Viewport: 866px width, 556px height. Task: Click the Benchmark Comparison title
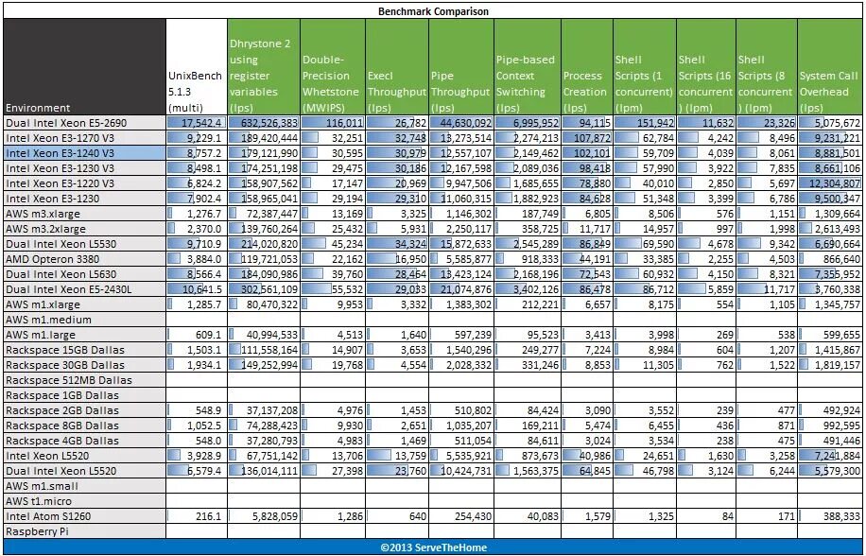[x=433, y=10]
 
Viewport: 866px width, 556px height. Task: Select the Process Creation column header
[x=584, y=84]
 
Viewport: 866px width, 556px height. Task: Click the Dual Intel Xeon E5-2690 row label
[x=66, y=123]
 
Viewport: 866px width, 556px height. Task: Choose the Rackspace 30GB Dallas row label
[x=65, y=365]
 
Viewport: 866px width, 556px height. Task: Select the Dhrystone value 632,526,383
[x=264, y=123]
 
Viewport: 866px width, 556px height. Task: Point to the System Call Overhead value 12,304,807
[x=829, y=183]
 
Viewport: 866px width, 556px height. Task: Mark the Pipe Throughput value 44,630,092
[x=460, y=123]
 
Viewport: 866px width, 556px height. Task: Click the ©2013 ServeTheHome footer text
[x=433, y=547]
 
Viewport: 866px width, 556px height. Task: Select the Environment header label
[x=38, y=108]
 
